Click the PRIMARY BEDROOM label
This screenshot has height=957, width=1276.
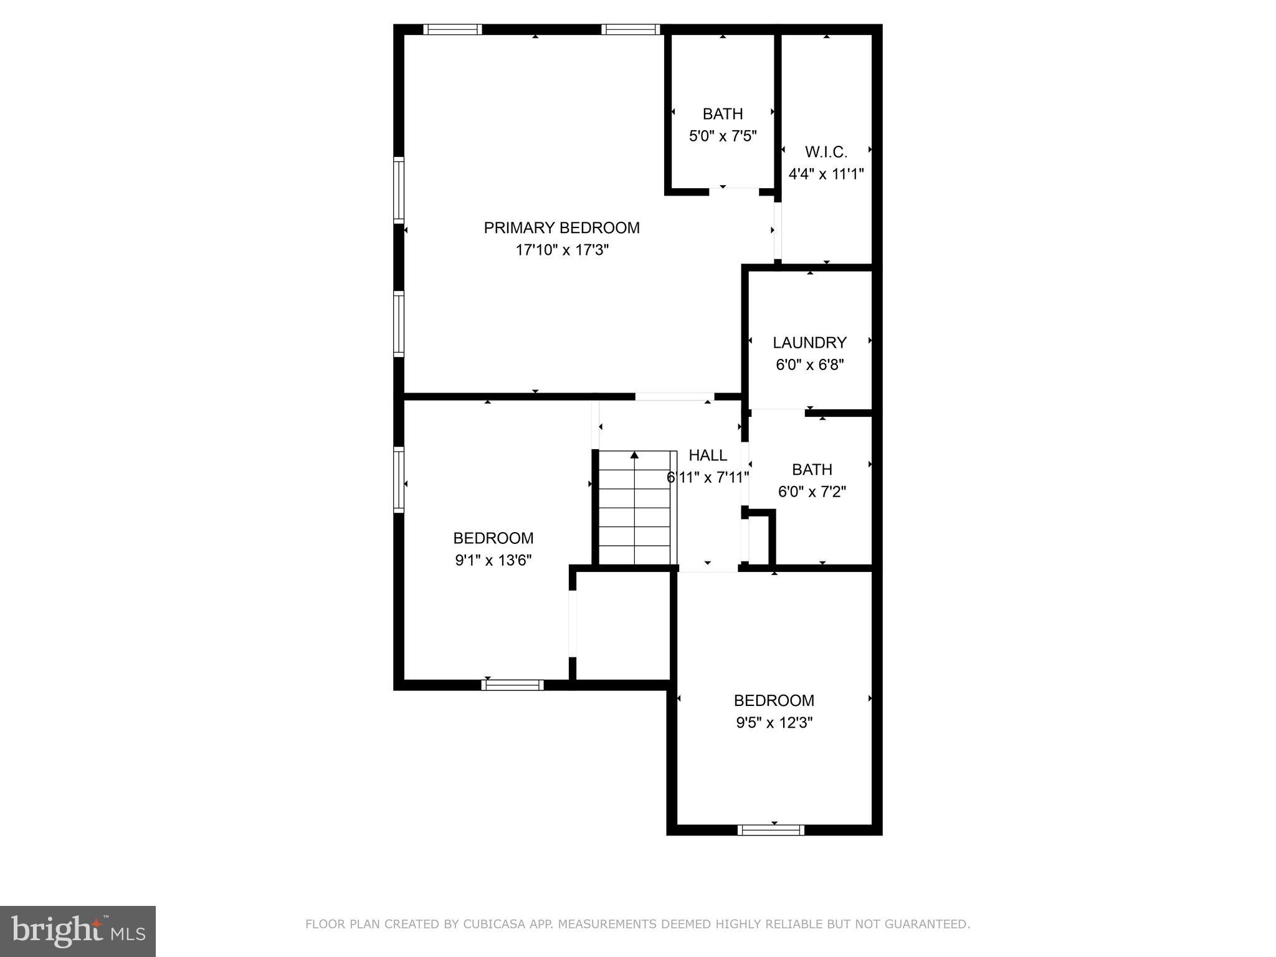coord(561,228)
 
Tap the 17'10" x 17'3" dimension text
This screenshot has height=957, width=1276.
coord(561,250)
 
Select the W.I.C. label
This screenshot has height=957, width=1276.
coord(826,152)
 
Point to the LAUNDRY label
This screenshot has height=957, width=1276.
coord(809,343)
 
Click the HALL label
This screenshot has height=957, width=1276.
coord(707,455)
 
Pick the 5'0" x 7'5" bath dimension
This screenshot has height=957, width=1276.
coord(723,136)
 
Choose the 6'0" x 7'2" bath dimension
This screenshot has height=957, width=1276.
coord(812,492)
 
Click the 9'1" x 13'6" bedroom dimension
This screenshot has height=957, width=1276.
coord(493,561)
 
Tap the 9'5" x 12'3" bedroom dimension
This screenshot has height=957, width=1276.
coord(774,723)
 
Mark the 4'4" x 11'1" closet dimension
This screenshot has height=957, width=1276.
coord(826,174)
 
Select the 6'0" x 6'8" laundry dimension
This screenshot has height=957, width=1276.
coord(809,364)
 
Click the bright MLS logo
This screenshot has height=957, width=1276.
coord(78,931)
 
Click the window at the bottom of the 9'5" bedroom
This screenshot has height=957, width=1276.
coord(771,830)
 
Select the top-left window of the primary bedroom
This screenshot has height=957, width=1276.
coord(452,29)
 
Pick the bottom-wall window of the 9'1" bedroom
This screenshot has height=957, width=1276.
coord(512,685)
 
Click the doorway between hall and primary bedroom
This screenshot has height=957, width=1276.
coord(674,397)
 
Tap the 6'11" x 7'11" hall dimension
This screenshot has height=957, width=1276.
coord(707,478)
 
